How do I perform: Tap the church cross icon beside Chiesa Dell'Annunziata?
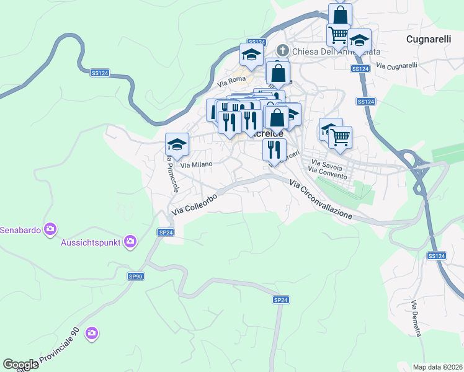tap(282, 50)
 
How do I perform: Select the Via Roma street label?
tap(231, 81)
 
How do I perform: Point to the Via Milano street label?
tap(196, 164)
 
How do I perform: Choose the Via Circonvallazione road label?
tap(321, 199)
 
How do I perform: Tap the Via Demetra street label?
tap(415, 319)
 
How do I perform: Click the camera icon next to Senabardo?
tap(50, 230)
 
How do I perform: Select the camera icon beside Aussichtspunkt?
tap(130, 241)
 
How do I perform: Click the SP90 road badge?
tap(136, 277)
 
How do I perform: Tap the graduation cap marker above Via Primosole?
tap(177, 144)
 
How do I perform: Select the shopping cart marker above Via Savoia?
tap(340, 137)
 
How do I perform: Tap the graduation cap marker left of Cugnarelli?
tap(359, 40)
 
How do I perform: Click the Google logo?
tap(20, 365)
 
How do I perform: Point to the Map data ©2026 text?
tap(437, 366)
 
